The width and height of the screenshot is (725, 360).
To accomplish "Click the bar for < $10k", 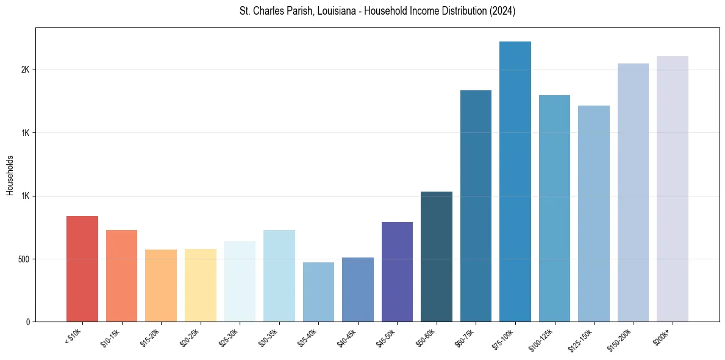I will click(82, 269).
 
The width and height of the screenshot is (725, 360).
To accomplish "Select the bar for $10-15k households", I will click(121, 276).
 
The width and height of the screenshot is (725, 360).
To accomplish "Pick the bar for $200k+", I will click(673, 189).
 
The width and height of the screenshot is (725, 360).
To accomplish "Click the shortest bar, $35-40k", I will click(318, 292).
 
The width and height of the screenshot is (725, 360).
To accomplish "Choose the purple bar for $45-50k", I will click(397, 272).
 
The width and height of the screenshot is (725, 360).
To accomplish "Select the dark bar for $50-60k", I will click(437, 257).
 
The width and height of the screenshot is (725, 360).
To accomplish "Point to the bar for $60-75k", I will click(476, 206).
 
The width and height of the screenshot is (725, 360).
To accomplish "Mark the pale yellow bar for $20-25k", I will click(201, 286).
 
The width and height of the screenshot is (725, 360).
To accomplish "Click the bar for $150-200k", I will click(633, 193).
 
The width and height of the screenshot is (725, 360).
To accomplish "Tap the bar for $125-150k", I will click(594, 214).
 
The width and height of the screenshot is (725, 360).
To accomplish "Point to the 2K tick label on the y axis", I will click(25, 70).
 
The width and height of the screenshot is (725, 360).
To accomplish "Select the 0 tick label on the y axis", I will click(27, 322).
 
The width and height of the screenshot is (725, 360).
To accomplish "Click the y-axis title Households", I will click(10, 175).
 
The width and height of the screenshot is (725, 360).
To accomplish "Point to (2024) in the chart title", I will click(504, 12).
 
